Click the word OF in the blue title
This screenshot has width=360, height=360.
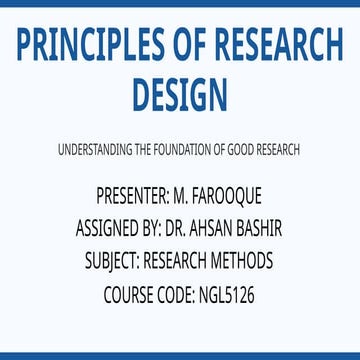coord(190,46)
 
